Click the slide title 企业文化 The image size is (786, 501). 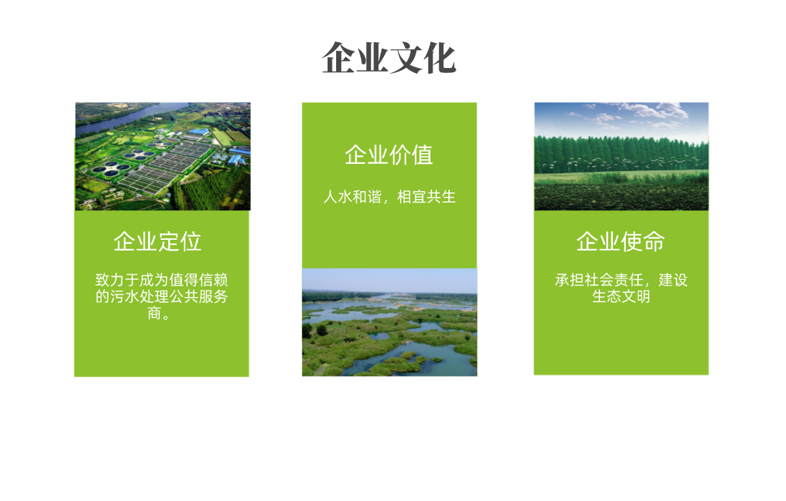click(389, 58)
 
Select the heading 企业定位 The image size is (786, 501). click(157, 242)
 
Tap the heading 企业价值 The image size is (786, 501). click(389, 155)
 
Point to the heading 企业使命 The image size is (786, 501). click(621, 242)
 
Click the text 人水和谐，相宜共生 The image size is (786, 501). click(390, 197)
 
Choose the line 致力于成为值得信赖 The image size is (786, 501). click(162, 279)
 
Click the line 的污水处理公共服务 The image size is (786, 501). click(162, 296)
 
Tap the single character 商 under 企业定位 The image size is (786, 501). click(154, 313)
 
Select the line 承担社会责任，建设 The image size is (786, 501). click(621, 279)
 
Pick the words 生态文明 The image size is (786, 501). click(621, 296)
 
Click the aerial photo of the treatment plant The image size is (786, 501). click(162, 157)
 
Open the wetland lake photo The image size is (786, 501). click(390, 323)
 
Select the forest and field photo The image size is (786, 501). click(622, 157)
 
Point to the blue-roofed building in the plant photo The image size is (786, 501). click(199, 132)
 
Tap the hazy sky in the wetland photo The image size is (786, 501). click(390, 280)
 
